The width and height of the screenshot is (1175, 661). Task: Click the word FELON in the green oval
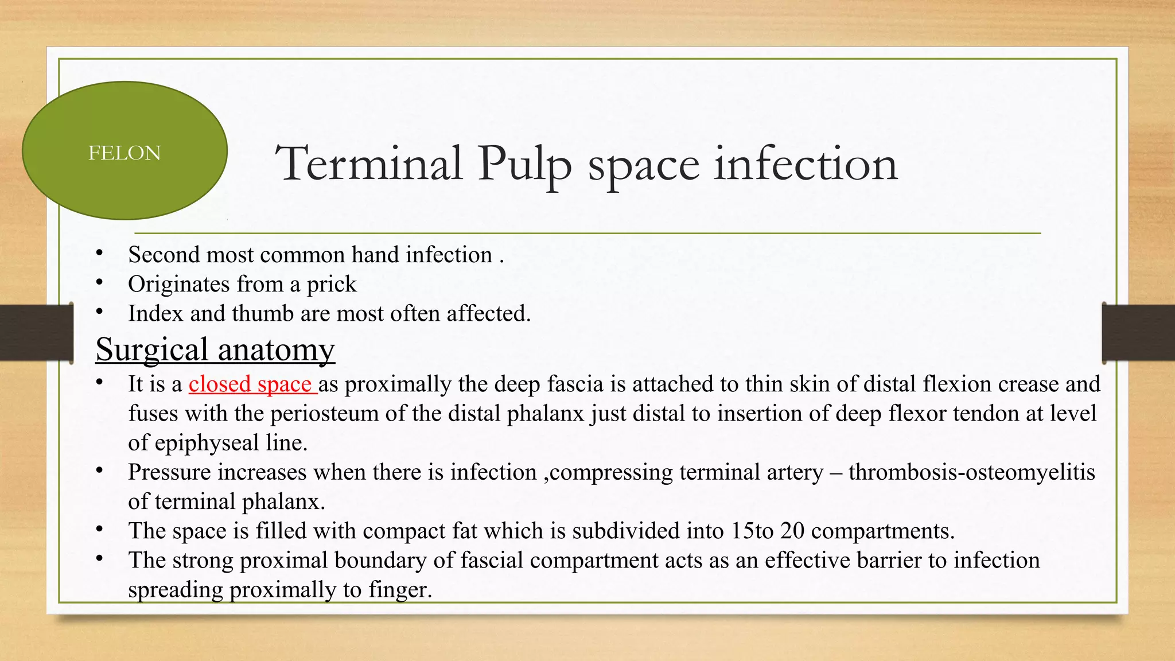(124, 153)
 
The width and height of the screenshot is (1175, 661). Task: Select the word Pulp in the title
(525, 165)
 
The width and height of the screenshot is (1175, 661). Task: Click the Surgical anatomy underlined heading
(215, 349)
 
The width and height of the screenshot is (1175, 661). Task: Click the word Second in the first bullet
(164, 255)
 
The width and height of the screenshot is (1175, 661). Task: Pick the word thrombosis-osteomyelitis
(971, 472)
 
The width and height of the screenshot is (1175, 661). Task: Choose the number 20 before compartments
(792, 531)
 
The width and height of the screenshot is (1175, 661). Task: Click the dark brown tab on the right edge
(1138, 333)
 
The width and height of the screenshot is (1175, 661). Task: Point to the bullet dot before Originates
(99, 282)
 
